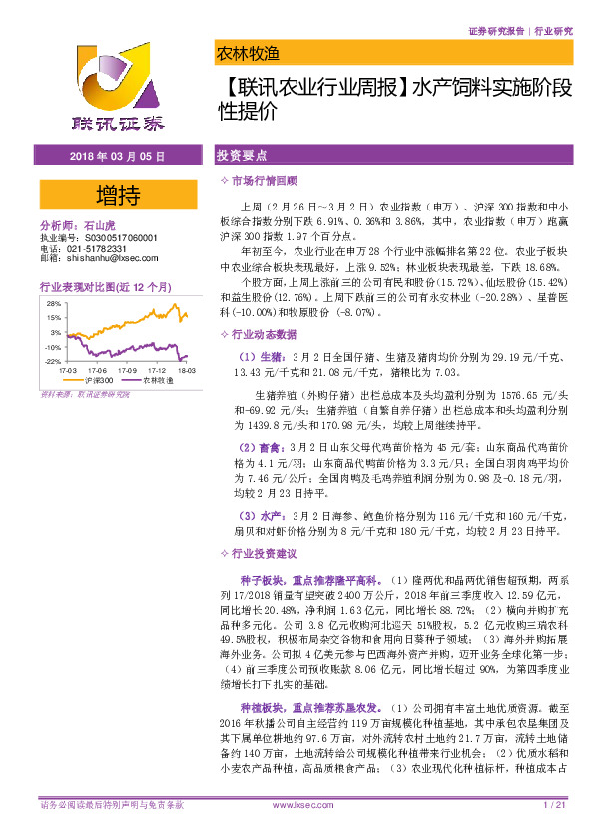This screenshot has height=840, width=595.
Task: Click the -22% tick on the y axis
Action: (52, 361)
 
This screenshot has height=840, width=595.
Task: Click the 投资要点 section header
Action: (241, 157)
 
